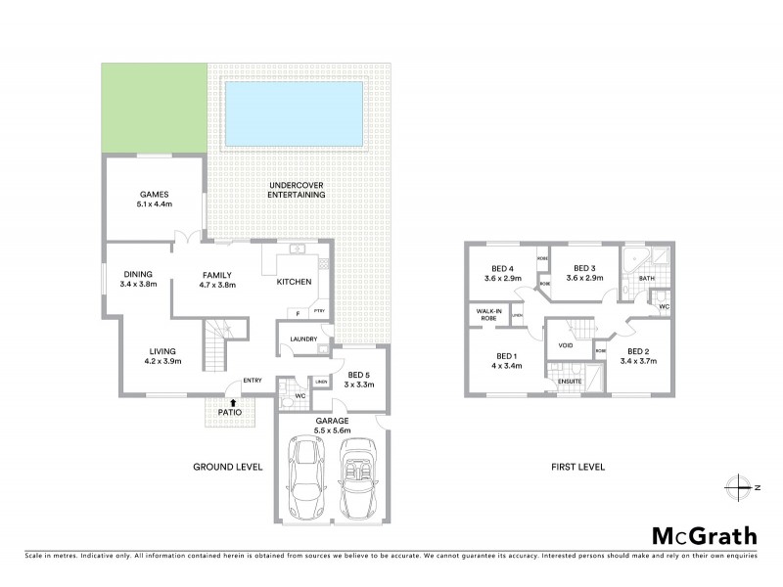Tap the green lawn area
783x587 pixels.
click(154, 108)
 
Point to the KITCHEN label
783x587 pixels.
click(295, 282)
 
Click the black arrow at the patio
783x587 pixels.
click(232, 401)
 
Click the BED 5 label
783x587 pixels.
click(357, 376)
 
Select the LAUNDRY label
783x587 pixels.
click(302, 339)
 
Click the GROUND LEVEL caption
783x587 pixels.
click(228, 467)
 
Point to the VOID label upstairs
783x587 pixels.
click(566, 345)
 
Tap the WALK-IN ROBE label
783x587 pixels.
click(488, 315)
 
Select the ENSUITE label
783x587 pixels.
click(570, 381)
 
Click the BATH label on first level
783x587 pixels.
click(646, 279)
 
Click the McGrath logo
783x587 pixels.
click(704, 535)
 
